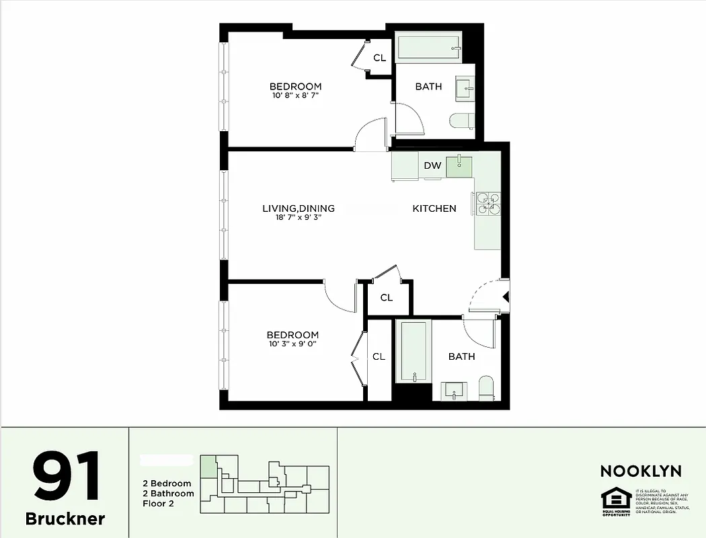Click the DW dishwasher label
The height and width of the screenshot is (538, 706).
click(x=432, y=165)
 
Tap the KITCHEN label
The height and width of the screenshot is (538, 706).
click(x=434, y=208)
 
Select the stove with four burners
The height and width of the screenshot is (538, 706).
click(x=487, y=203)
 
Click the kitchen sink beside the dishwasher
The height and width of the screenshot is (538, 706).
click(x=459, y=165)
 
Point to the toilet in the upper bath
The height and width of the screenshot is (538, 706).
click(x=462, y=121)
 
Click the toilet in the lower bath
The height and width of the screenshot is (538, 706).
click(x=485, y=387)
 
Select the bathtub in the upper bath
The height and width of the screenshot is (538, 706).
click(x=428, y=48)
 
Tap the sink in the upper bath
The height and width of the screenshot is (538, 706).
click(x=465, y=87)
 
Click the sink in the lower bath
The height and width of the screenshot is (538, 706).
click(x=454, y=390)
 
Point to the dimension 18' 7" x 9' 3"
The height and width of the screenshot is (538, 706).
click(x=298, y=218)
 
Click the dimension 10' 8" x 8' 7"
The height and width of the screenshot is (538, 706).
click(x=295, y=95)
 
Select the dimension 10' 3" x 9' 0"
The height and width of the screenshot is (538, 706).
click(x=292, y=344)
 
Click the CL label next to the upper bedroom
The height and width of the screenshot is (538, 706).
click(x=379, y=59)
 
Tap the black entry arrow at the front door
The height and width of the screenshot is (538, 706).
click(x=505, y=296)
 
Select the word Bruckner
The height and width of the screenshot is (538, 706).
click(x=65, y=519)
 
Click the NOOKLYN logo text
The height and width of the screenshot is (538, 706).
click(x=640, y=471)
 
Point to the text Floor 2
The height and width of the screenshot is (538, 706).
click(x=159, y=503)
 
